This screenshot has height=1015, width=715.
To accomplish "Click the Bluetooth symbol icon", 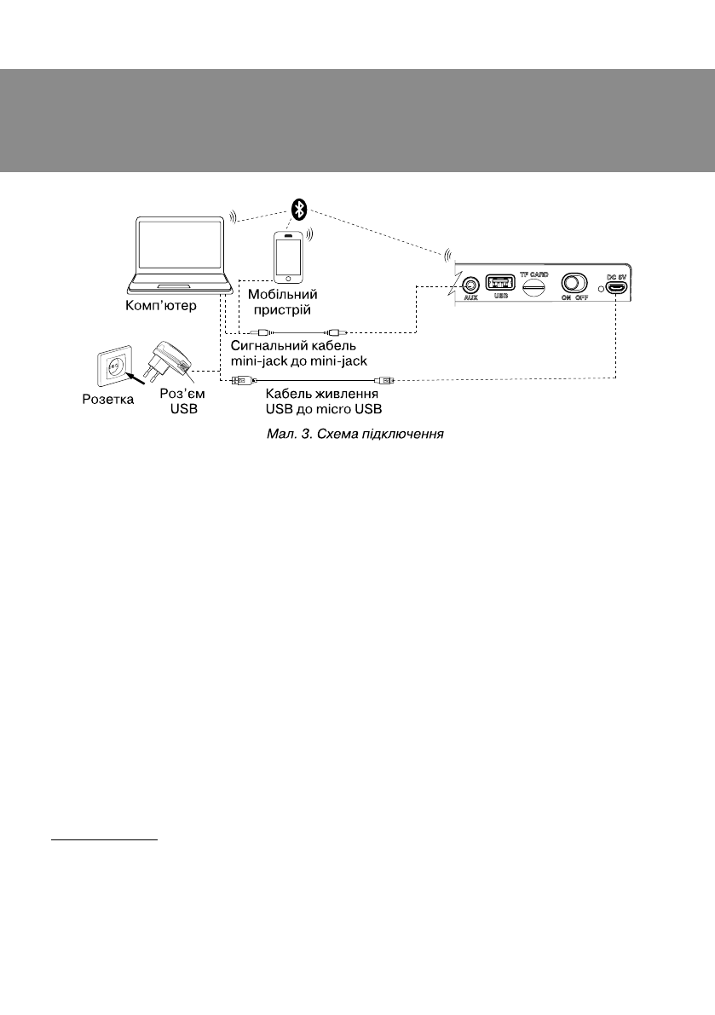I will click(x=298, y=209).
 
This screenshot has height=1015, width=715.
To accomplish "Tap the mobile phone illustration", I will click(x=290, y=255).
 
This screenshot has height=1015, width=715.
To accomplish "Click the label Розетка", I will click(x=107, y=398).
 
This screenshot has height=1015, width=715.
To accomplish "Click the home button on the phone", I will click(x=290, y=277).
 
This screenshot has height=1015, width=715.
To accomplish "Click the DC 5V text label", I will click(x=616, y=275).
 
